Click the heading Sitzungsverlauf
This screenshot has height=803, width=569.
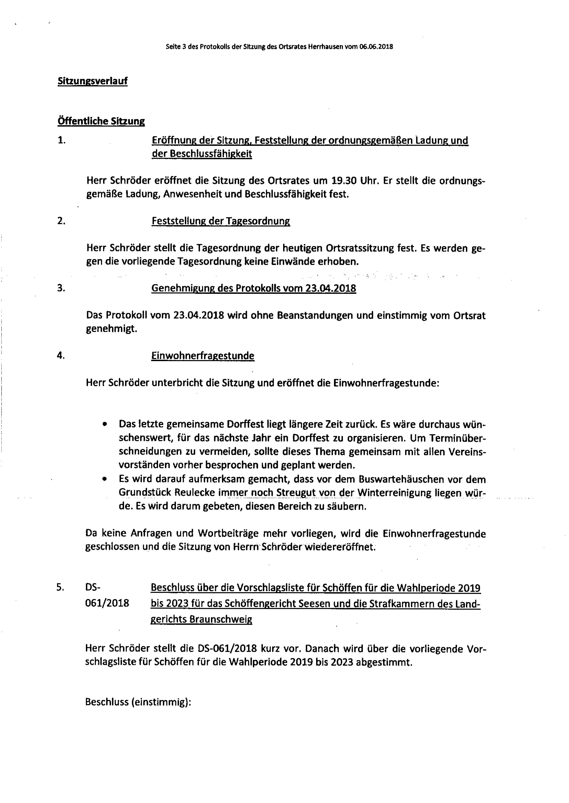[93, 81]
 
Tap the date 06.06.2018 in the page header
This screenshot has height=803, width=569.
[376, 46]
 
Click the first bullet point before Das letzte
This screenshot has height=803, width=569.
[104, 424]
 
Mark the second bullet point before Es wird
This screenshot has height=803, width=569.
[104, 479]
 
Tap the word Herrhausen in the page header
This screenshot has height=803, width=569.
[326, 46]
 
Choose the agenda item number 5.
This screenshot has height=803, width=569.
[60, 588]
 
